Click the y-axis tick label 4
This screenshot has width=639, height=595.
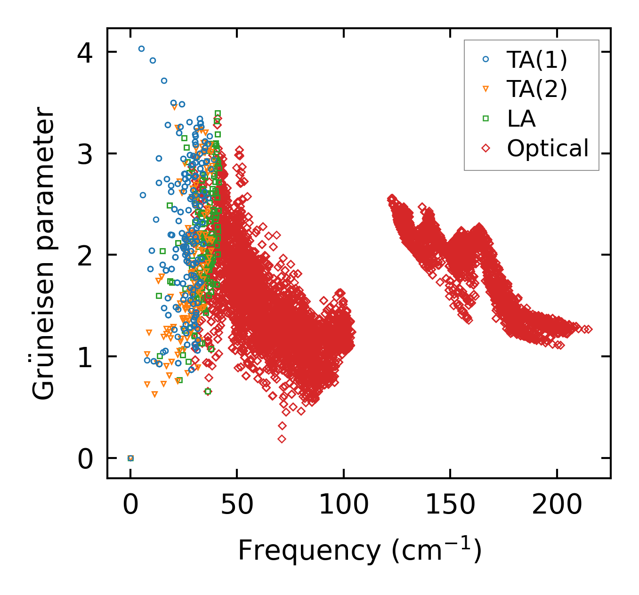[85, 52]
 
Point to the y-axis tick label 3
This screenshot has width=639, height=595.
[85, 154]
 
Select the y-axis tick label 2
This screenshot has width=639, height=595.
[85, 256]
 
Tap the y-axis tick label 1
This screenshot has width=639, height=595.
[85, 357]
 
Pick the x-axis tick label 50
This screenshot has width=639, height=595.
[237, 506]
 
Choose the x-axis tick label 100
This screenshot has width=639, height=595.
[344, 506]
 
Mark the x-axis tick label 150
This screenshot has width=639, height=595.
[450, 506]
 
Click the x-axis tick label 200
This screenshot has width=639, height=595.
[557, 506]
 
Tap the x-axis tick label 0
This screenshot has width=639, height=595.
[130, 506]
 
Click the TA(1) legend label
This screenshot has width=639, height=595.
[537, 59]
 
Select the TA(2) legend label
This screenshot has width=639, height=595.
[537, 89]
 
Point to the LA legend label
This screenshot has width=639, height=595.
[521, 119]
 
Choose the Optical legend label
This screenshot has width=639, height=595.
[548, 148]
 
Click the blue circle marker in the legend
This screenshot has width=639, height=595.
[486, 59]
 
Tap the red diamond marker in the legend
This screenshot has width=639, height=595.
[486, 148]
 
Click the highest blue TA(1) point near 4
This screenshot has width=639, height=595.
[141, 48]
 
